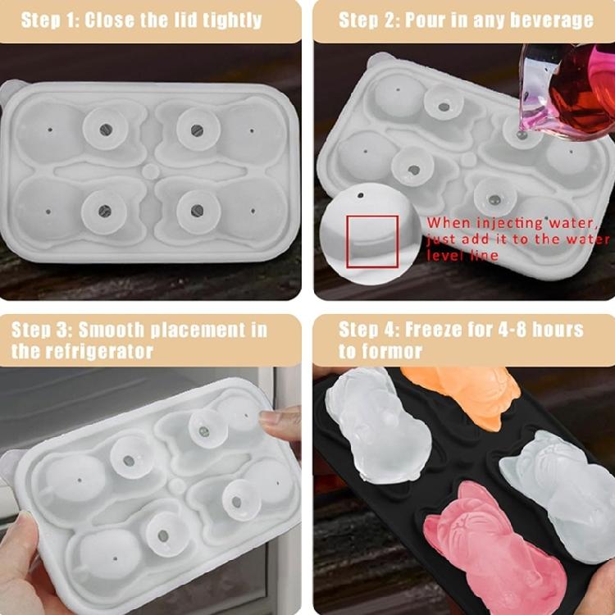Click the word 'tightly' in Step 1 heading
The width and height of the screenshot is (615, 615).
coord(232,20)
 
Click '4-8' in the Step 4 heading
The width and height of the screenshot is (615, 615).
coord(512,329)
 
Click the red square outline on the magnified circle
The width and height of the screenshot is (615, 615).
coord(372,242)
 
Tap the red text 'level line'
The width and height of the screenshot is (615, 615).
coord(462,256)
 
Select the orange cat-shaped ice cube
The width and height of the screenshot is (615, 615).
coord(462,394)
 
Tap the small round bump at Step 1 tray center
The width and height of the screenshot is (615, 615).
coord(151,172)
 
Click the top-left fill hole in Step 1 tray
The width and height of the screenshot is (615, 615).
coord(106,130)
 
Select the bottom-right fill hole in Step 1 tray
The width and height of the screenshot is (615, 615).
coord(197,211)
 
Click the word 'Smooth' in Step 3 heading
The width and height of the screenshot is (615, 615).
coord(112,330)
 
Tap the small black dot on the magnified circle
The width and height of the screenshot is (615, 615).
coord(361,195)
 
